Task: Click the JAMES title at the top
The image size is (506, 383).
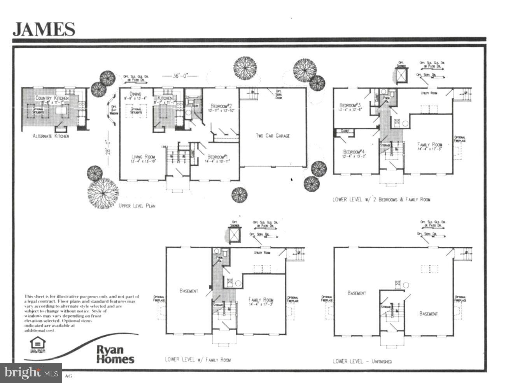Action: (44, 29)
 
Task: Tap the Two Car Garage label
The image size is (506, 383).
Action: (272, 136)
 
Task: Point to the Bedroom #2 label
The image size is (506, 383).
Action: (221, 106)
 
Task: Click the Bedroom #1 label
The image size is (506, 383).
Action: (218, 156)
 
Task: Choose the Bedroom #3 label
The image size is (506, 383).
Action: (350, 105)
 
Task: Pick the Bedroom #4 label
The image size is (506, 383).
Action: (353, 151)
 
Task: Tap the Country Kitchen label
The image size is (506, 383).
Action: (52, 98)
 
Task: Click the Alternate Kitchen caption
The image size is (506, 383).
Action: (51, 136)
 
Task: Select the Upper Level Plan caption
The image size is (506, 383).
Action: (137, 205)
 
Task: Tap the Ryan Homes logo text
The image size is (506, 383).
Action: (115, 354)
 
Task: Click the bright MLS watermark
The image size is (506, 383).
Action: (31, 373)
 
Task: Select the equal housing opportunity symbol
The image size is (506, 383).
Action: (38, 344)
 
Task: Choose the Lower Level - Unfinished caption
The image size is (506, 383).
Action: (362, 361)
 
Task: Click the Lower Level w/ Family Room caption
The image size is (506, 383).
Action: (197, 359)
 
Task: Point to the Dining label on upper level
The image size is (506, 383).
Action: (135, 94)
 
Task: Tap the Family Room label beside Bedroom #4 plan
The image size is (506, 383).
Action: (430, 145)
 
